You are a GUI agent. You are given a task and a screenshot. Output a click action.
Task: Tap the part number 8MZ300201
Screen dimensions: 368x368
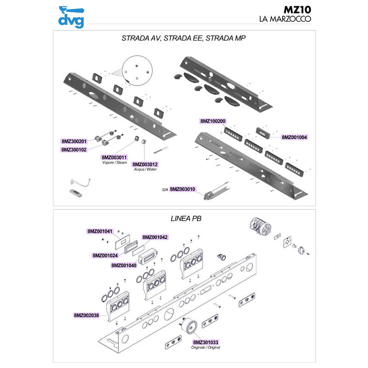[74, 141]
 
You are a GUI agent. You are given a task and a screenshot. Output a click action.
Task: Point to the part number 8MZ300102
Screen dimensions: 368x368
[74, 149]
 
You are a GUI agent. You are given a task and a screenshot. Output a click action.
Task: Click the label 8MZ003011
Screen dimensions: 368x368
[115, 157]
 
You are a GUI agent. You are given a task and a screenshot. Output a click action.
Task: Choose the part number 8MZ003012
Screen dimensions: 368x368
[145, 164]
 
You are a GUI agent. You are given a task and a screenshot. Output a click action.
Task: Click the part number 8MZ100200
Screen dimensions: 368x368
[213, 121]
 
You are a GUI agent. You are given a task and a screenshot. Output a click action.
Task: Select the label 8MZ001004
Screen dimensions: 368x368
[294, 137]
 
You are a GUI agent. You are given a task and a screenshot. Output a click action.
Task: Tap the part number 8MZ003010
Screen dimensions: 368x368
[183, 189]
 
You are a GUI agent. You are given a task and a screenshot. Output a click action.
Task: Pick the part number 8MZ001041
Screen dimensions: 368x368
[100, 231]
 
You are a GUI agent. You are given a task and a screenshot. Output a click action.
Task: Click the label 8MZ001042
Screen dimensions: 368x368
[155, 237]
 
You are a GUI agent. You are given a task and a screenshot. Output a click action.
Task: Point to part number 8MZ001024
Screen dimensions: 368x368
[105, 255]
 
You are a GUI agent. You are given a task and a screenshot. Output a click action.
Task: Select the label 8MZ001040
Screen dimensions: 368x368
[124, 265]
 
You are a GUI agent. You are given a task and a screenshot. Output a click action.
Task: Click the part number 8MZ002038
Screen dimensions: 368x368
[86, 316]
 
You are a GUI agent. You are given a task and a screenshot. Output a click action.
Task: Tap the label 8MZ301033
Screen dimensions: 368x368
[206, 342]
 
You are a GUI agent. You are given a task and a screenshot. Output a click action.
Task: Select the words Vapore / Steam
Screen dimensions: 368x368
[115, 163]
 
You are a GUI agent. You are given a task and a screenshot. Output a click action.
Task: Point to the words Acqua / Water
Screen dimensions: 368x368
[145, 170]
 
